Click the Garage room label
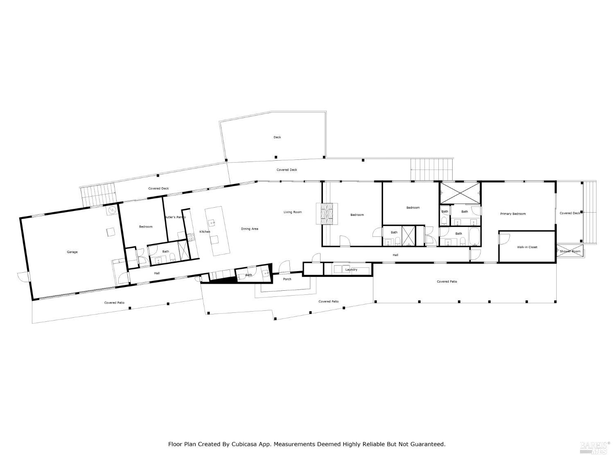pyautogui.click(x=72, y=252)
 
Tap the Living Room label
pyautogui.click(x=293, y=212)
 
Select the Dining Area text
pyautogui.click(x=249, y=229)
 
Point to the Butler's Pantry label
pyautogui.click(x=175, y=217)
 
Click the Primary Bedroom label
pyautogui.click(x=513, y=214)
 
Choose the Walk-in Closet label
pyautogui.click(x=527, y=247)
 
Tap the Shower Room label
pyautogui.click(x=570, y=251)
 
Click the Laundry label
pyautogui.click(x=351, y=270)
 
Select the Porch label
pyautogui.click(x=287, y=279)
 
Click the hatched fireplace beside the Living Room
pyautogui.click(x=327, y=213)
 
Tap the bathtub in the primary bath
pyautogui.click(x=475, y=237)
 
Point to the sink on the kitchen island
pyautogui.click(x=212, y=223)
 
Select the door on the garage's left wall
pyautogui.click(x=24, y=277)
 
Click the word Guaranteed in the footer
pyautogui.click(x=428, y=444)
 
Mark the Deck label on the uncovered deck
pyautogui.click(x=277, y=137)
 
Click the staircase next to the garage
pyautogui.click(x=98, y=195)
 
